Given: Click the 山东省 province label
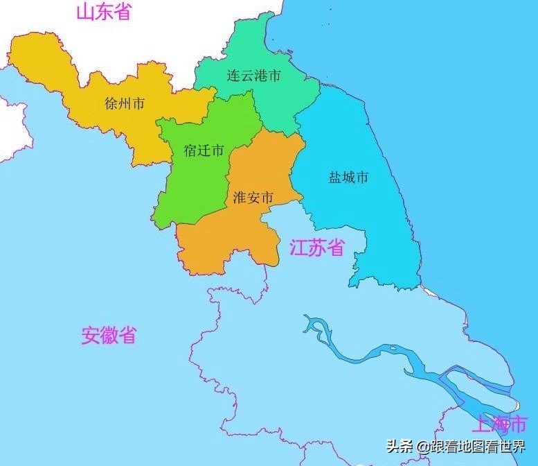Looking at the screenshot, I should (x=104, y=12).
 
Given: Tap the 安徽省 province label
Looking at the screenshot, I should (x=109, y=336).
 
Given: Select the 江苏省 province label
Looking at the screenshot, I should (x=316, y=248).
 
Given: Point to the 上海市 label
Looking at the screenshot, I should (x=499, y=423).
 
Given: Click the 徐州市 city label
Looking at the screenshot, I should (x=125, y=104).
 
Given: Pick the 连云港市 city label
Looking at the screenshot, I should (x=254, y=76).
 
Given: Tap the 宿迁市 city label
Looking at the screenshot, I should (x=204, y=150).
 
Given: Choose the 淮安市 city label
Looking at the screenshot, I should (x=253, y=198).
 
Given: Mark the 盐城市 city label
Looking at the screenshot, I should (x=348, y=178).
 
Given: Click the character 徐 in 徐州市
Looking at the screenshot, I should (x=111, y=104).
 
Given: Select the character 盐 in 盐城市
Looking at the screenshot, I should (x=335, y=178).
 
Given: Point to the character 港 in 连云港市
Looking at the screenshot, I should (x=261, y=76).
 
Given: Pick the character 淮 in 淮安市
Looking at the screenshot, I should (x=240, y=198).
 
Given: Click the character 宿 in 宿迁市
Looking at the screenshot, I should (x=191, y=150).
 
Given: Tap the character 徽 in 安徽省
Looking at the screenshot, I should (x=109, y=336).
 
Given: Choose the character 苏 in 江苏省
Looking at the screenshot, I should (x=316, y=248).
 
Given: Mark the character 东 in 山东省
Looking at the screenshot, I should (x=104, y=12).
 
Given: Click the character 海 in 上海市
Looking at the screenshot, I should (x=499, y=423).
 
